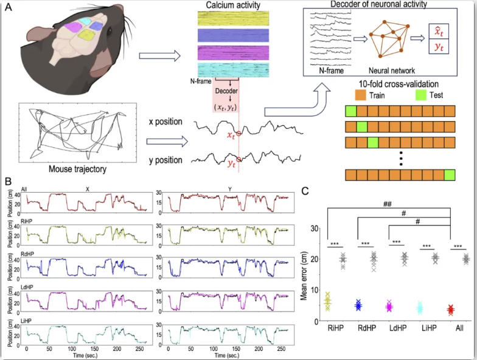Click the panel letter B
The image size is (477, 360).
(7, 182)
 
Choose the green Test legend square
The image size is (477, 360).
(420, 95)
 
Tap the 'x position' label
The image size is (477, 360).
(165, 122)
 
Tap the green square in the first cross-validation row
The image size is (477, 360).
(350, 111)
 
